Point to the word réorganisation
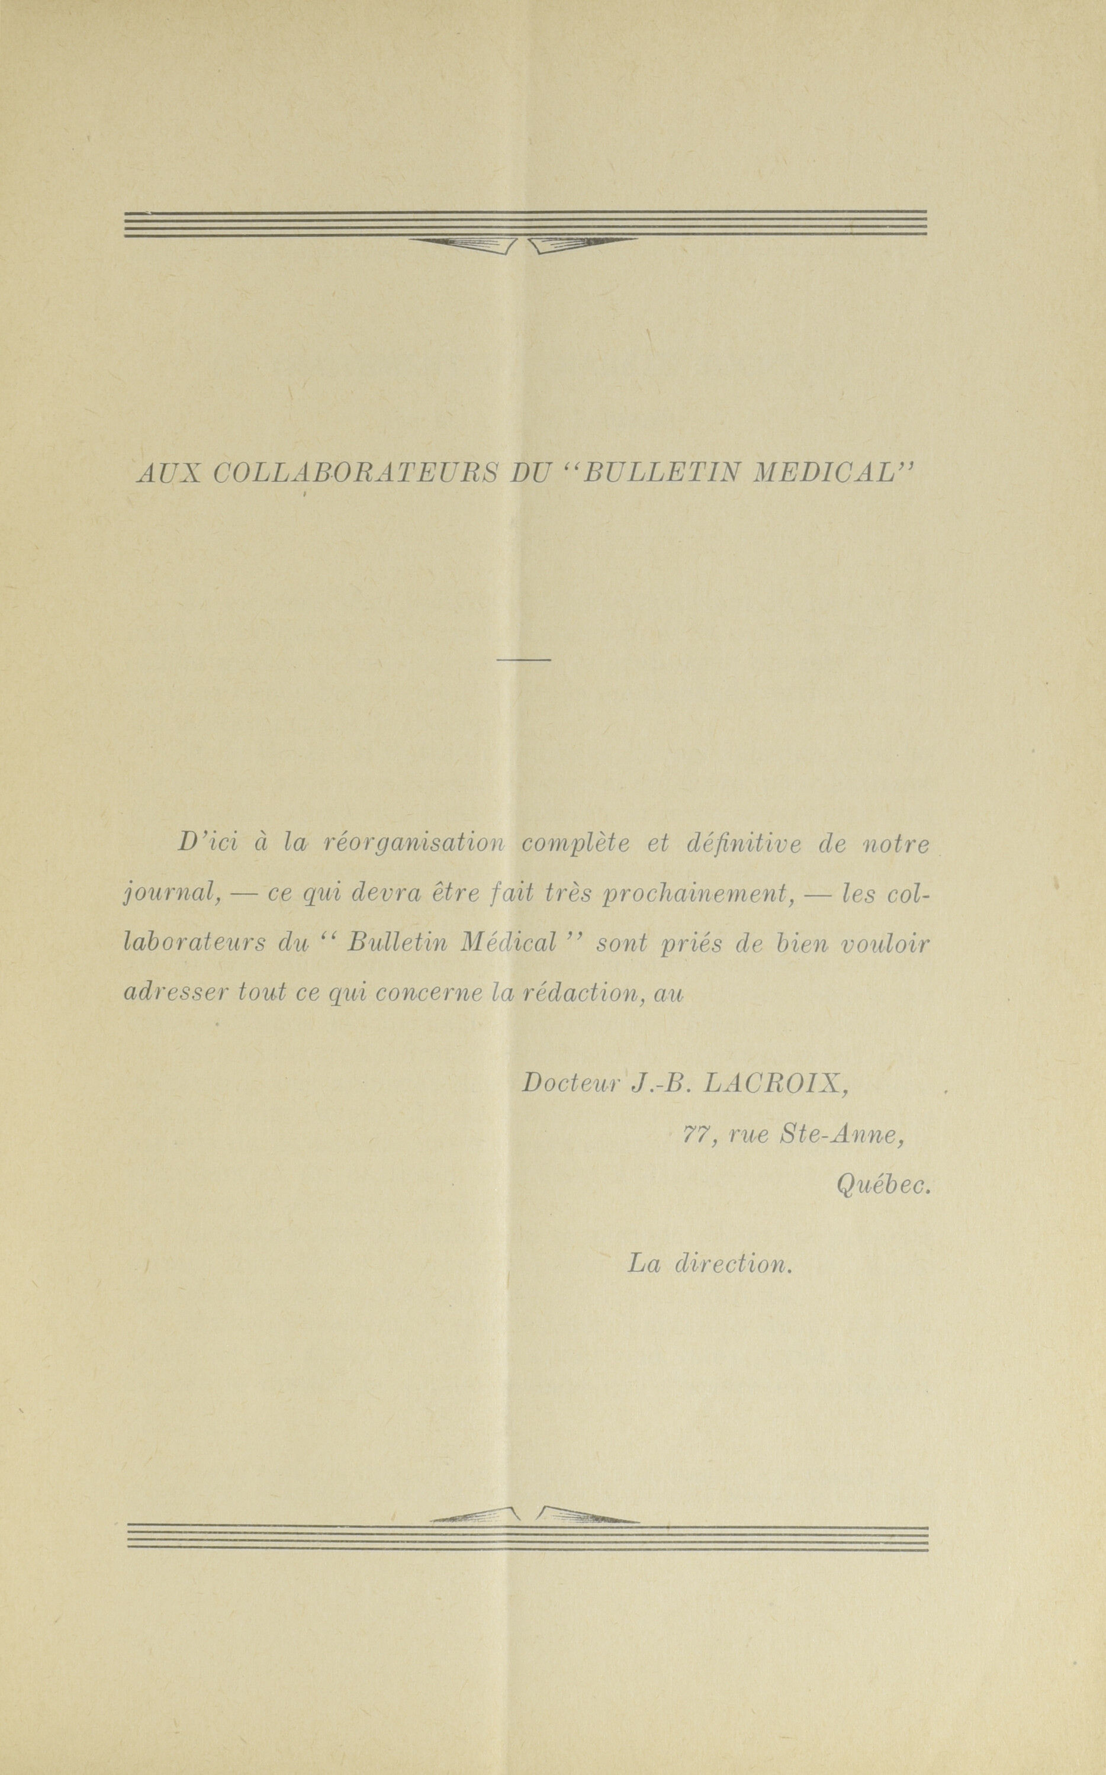[414, 845]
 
